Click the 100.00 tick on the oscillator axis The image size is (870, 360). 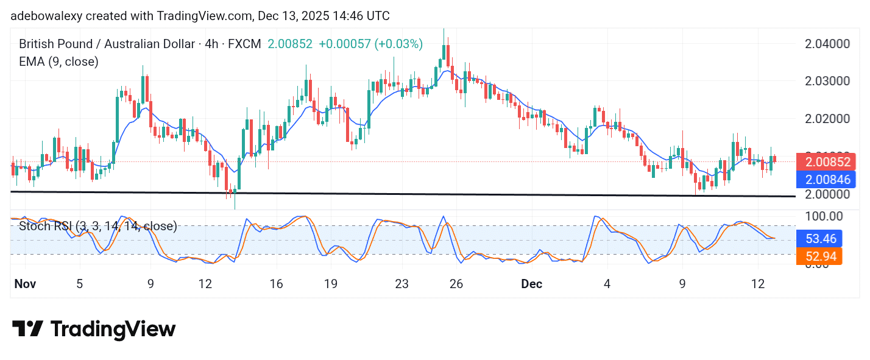click(823, 216)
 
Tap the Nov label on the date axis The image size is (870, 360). click(26, 284)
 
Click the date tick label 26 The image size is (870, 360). click(456, 284)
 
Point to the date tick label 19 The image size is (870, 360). click(331, 284)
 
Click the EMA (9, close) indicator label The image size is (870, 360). click(58, 61)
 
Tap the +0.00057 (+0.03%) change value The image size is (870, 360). click(370, 44)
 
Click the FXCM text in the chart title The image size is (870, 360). click(247, 44)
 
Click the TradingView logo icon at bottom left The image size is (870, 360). click(27, 329)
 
